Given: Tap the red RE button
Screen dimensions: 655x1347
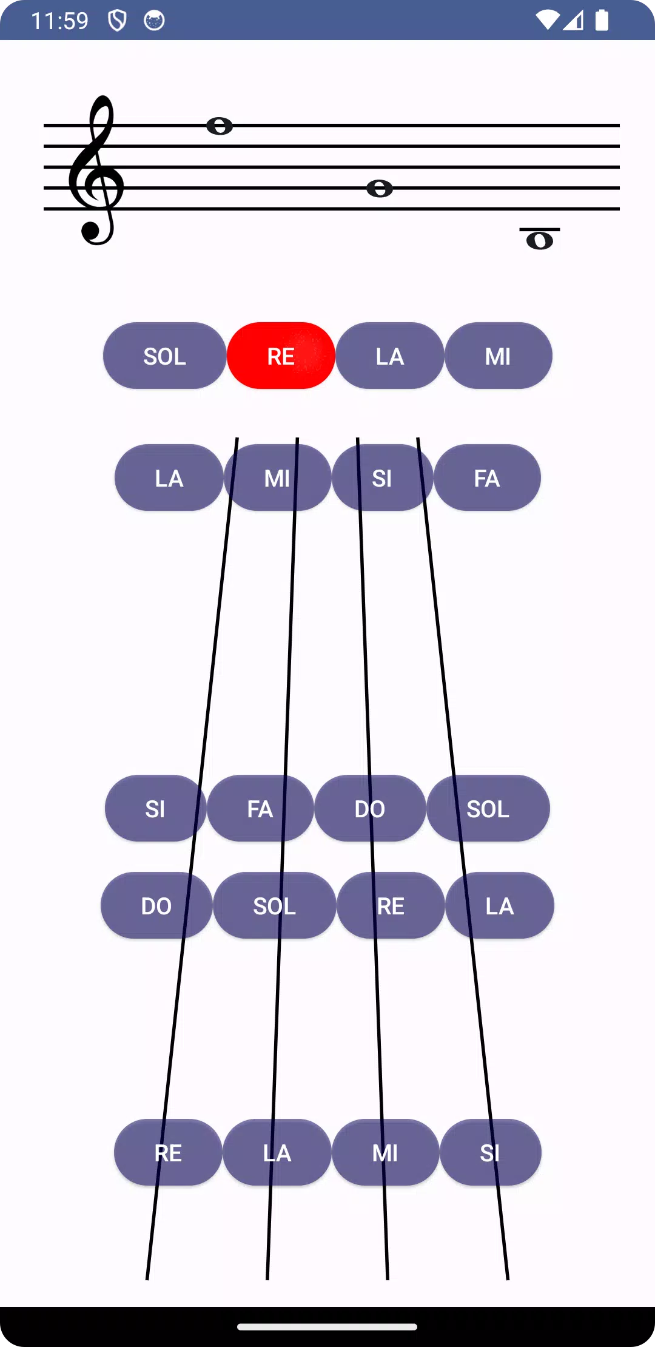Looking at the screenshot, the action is click(281, 356).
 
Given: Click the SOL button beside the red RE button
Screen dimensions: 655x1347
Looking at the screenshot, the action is click(164, 356).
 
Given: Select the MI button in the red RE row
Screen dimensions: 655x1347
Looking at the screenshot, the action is click(498, 356).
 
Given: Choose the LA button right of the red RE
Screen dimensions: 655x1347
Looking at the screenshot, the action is click(389, 356).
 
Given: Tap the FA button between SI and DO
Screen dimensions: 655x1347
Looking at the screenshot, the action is click(260, 808).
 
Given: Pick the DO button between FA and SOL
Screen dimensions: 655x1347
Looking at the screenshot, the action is click(370, 808).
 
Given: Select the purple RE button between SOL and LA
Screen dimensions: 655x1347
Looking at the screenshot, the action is click(391, 905).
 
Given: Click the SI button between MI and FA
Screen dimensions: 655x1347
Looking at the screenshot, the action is click(382, 478).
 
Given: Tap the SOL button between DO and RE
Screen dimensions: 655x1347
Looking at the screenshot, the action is click(275, 905).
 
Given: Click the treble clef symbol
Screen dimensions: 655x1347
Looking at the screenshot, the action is click(96, 170).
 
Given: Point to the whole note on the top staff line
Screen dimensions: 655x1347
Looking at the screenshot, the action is click(220, 126).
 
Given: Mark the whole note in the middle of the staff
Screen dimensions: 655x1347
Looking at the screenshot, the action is click(380, 188).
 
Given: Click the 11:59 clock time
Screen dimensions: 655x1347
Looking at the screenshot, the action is click(59, 21).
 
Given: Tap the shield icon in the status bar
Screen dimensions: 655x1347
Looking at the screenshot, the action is click(117, 21).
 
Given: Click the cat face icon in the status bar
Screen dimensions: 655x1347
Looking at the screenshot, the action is click(154, 21).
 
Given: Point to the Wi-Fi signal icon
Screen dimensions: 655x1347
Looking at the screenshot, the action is click(548, 20).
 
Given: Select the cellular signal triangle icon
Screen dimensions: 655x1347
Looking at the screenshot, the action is click(573, 21).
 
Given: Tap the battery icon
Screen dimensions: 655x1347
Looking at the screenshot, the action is click(602, 20).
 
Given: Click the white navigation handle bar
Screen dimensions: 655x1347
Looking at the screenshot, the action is click(327, 1327).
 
